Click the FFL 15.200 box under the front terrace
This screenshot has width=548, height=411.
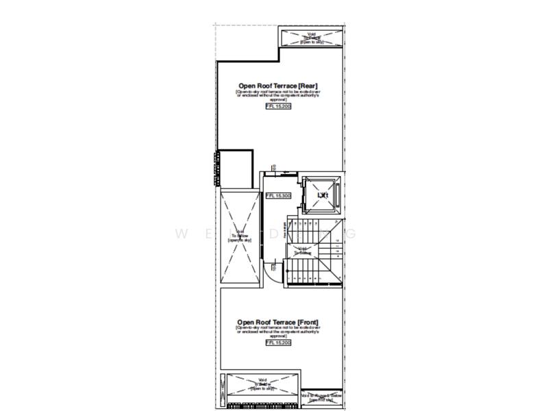click(277, 342)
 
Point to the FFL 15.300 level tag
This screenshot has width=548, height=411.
click(278, 196)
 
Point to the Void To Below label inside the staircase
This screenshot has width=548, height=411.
click(303, 252)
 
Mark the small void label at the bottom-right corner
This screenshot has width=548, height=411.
click(321, 396)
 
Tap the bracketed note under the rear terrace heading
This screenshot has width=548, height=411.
click(277, 95)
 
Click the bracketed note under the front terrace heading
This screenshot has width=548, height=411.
click(277, 332)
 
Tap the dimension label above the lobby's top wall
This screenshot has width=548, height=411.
click(275, 167)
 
